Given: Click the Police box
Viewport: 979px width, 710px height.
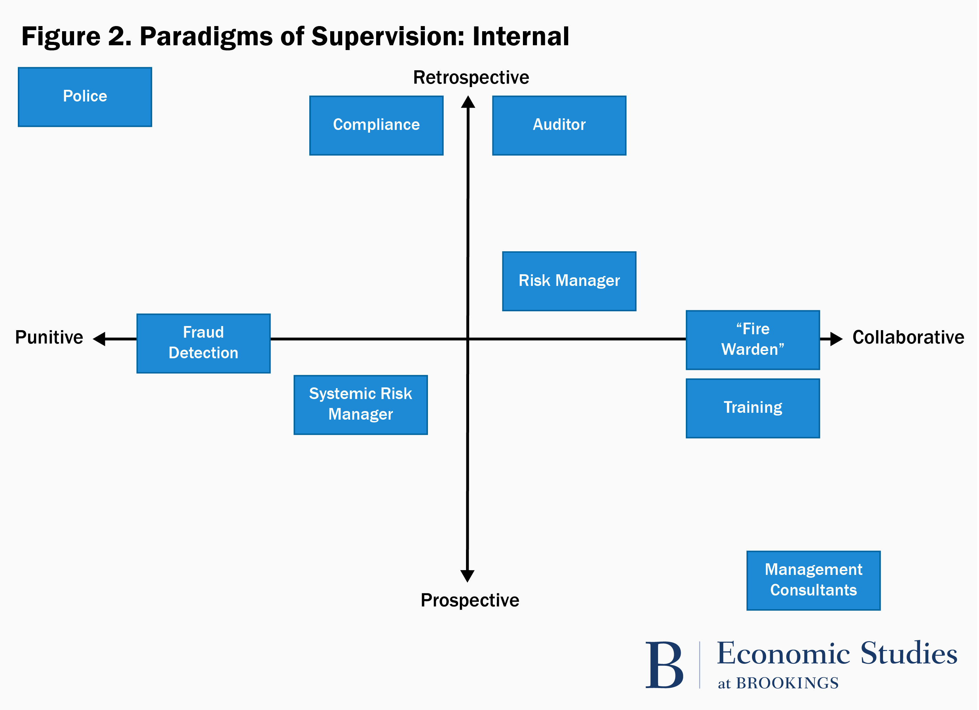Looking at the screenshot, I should (x=85, y=97).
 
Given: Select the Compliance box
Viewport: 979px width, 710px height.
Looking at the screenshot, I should (x=377, y=125).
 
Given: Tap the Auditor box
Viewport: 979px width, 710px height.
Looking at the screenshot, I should (x=559, y=125).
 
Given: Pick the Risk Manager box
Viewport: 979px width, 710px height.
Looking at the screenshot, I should (x=569, y=281).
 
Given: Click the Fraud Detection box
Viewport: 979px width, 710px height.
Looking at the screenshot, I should (x=203, y=343).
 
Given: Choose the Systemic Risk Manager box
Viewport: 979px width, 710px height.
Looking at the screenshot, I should (x=360, y=405).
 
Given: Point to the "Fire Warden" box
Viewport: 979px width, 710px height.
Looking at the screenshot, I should (x=752, y=340).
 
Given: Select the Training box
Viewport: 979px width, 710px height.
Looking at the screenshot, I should (x=752, y=408).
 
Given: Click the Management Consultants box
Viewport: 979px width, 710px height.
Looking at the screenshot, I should (x=813, y=580).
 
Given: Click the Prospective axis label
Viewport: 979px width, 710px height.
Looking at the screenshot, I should (x=470, y=600).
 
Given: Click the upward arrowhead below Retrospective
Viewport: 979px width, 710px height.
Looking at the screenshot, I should (x=468, y=102).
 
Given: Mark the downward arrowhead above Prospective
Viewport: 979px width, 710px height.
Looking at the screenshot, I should (x=467, y=575).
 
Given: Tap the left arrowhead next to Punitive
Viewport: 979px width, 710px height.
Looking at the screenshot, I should (x=100, y=339).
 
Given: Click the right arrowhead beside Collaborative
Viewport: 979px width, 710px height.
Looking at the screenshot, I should (x=836, y=339).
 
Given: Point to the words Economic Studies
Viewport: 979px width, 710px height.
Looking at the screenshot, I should (x=837, y=653).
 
